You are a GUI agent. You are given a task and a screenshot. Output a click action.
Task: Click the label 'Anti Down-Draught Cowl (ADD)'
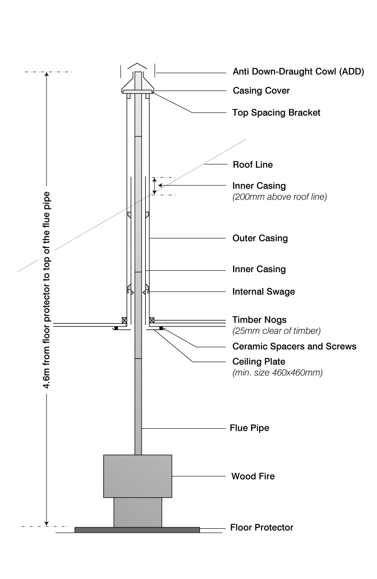tap(298, 72)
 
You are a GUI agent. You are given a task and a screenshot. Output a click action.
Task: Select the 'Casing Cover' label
tap(261, 90)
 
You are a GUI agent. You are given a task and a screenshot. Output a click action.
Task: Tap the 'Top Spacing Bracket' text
tap(276, 112)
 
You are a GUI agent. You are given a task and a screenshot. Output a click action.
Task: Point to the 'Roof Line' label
tap(253, 164)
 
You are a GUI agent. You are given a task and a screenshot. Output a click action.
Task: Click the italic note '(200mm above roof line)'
tap(279, 197)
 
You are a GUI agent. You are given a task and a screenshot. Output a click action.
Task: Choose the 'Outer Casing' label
tap(260, 238)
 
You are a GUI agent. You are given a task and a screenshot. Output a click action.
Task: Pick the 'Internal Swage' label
tap(264, 291)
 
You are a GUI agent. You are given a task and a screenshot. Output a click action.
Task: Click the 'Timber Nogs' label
tap(260, 320)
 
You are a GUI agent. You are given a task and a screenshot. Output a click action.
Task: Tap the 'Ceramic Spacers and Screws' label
tap(294, 346)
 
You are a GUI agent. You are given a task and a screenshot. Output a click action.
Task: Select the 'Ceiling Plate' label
tap(259, 362)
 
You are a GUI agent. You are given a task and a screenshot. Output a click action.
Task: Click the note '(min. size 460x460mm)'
tap(277, 373)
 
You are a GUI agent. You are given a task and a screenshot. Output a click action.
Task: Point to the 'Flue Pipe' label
tap(249, 428)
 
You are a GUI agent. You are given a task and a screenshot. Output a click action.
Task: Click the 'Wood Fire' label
tap(253, 476)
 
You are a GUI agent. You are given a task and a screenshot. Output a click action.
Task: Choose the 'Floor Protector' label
tap(261, 527)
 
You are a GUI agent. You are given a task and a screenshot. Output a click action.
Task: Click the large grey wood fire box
tap(138, 476)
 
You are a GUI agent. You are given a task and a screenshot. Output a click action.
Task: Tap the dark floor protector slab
tap(137, 530)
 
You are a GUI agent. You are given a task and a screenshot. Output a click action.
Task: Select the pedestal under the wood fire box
tap(138, 512)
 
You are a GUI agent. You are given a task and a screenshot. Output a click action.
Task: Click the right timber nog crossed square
tap(152, 320)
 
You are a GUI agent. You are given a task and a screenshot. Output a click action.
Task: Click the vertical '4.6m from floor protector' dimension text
tap(47, 290)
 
